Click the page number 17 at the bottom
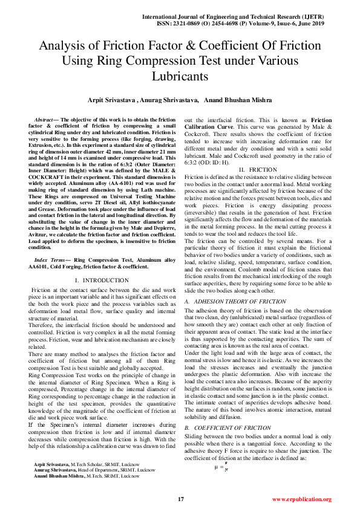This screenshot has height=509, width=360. [180, 499]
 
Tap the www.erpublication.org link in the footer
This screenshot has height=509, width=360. [301, 499]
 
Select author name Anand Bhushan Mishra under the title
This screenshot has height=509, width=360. [238, 100]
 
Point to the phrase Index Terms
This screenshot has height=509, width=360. [51, 259]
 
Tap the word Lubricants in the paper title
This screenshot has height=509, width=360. [180, 77]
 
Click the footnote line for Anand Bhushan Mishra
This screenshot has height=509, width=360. [91, 476]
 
